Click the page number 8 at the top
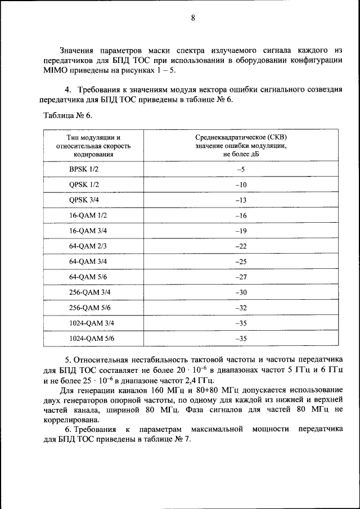click(x=192, y=18)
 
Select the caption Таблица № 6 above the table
click(x=67, y=115)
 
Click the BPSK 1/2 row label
click(x=84, y=169)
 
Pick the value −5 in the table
click(x=241, y=169)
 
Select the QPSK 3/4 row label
click(x=84, y=200)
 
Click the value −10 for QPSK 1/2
click(x=241, y=185)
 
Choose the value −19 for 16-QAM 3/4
click(x=241, y=231)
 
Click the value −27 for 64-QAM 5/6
click(x=241, y=277)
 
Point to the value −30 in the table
click(x=241, y=292)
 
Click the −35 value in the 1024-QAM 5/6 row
click(x=241, y=339)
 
